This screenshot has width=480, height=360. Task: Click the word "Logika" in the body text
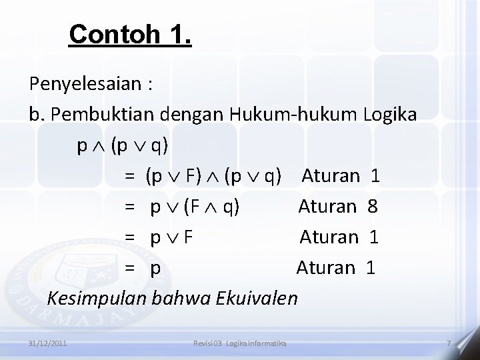click(391, 115)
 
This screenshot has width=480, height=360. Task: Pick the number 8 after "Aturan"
click(373, 207)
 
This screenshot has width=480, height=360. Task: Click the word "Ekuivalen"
click(257, 297)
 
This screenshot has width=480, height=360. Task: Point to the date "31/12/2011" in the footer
click(47, 343)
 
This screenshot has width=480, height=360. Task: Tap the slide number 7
click(449, 343)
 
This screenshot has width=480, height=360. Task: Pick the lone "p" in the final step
click(155, 269)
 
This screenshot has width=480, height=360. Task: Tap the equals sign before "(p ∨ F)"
click(129, 177)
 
